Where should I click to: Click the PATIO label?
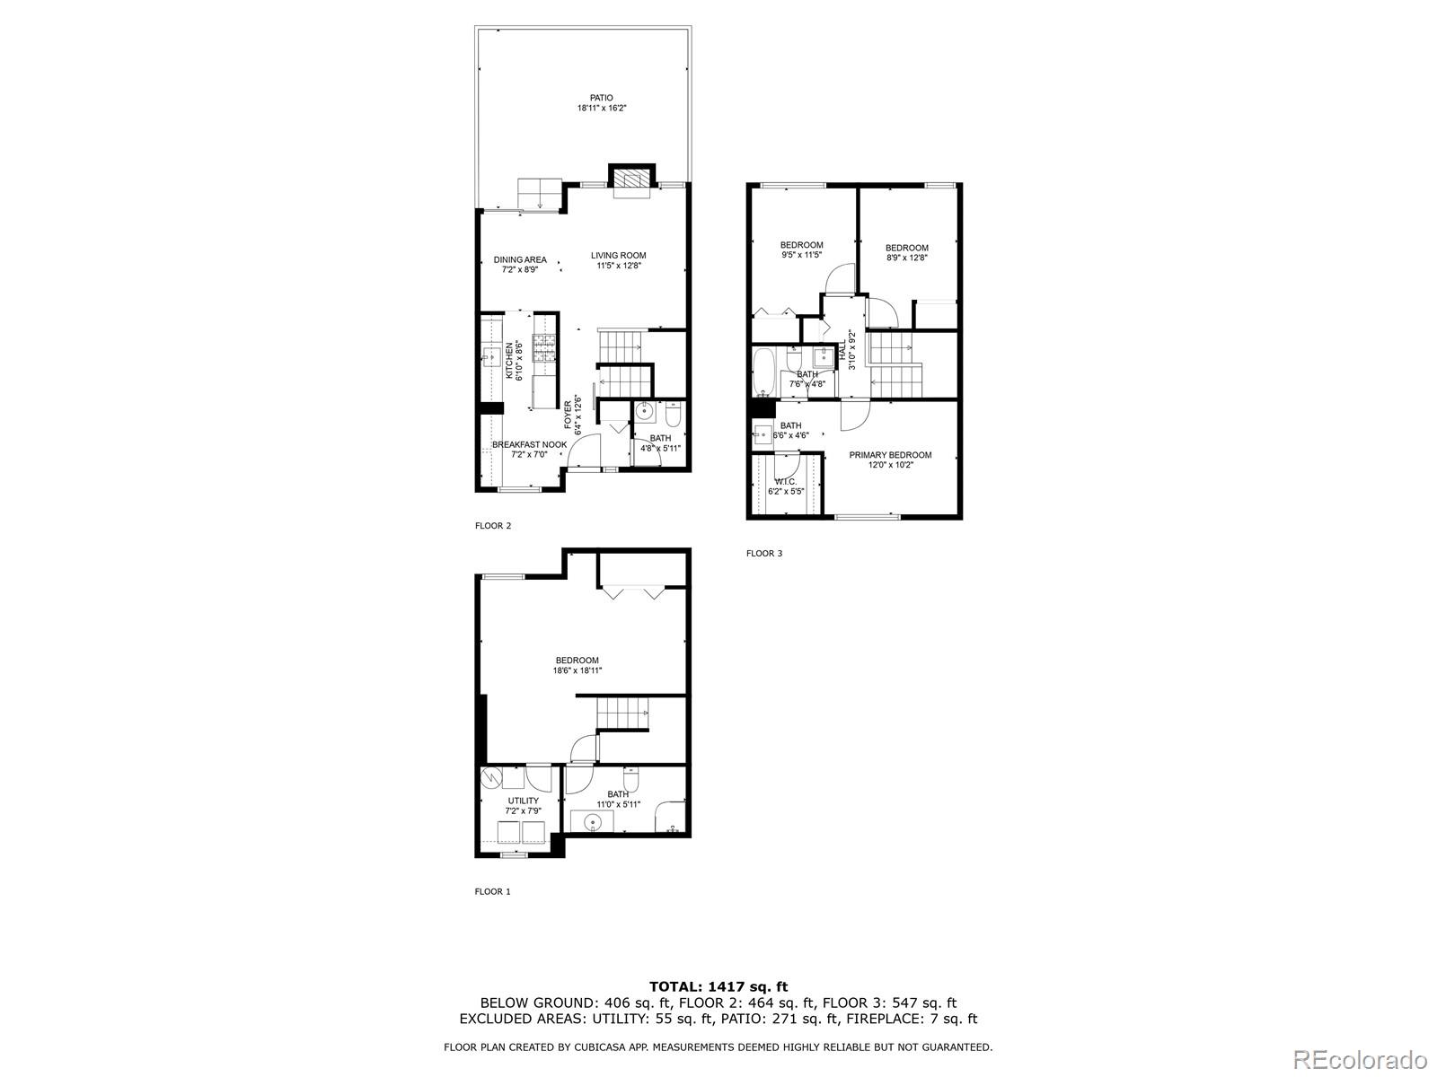point(601,98)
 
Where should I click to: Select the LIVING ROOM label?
point(618,256)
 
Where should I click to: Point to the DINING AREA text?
point(520,260)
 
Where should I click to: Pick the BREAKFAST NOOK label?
point(529,445)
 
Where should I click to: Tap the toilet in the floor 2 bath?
point(674,415)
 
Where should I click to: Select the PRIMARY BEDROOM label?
point(890,455)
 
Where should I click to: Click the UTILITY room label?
point(524,801)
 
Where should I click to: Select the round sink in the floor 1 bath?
point(593,821)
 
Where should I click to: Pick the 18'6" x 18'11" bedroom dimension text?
point(577,670)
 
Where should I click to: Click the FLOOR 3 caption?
point(764,554)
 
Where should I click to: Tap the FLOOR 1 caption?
point(492,892)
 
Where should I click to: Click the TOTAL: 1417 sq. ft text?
point(718,987)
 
